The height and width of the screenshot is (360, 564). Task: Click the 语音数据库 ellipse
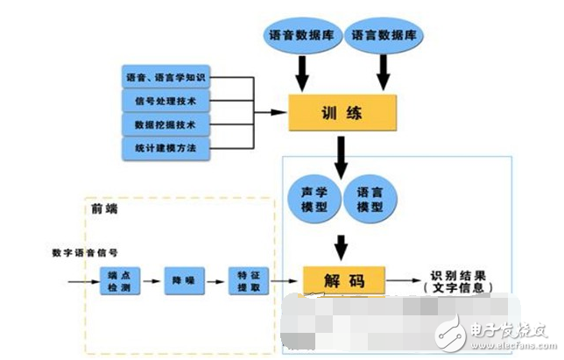pyautogui.click(x=299, y=36)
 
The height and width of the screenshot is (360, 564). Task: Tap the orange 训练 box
pyautogui.click(x=343, y=114)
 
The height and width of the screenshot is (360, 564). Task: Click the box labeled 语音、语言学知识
pyautogui.click(x=166, y=80)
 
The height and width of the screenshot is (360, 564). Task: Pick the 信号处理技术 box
pyautogui.click(x=166, y=102)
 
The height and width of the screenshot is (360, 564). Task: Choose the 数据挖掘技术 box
pyautogui.click(x=166, y=124)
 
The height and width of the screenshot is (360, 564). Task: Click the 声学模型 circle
pyautogui.click(x=311, y=200)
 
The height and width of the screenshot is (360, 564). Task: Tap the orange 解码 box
pyautogui.click(x=342, y=280)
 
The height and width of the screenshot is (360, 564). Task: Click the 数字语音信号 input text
pyautogui.click(x=84, y=252)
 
